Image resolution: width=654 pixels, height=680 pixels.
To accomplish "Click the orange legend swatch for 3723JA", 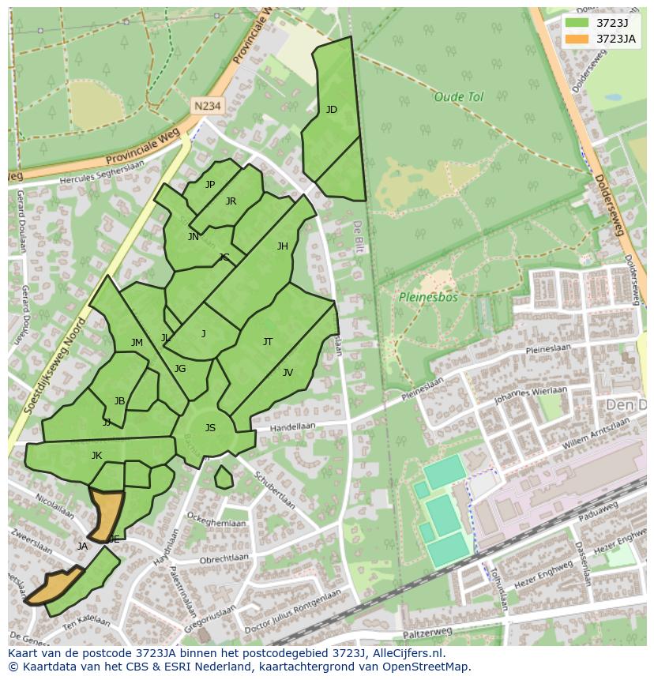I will pos(577,39).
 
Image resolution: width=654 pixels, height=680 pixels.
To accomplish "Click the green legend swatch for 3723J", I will pos(577,23).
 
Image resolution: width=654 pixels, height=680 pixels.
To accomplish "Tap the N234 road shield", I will pos(207,104).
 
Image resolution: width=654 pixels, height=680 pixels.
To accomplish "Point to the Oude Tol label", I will pos(458,97).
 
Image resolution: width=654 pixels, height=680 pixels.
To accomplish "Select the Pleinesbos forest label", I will pos(428,298).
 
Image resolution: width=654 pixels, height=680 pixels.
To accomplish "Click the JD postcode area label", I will pos(332,110).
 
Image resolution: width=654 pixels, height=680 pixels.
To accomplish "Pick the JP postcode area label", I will pos(210,185).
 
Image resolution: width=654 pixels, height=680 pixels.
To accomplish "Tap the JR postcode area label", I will pos(231,201).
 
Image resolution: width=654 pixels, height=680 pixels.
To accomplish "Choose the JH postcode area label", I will pos(283,246).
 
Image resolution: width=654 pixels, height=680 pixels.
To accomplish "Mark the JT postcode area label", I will pos(268,342).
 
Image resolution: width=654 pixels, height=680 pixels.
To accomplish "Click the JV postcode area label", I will pos(288,373).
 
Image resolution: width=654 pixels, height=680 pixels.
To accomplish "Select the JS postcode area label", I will pos(210,428).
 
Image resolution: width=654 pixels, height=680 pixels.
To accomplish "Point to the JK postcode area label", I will pos(96,456).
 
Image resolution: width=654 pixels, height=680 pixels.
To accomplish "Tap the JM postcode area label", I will pos(137,343).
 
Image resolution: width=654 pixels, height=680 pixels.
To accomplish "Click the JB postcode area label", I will pos(119,401).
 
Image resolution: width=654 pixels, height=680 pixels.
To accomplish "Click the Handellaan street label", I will pos(292,426).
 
